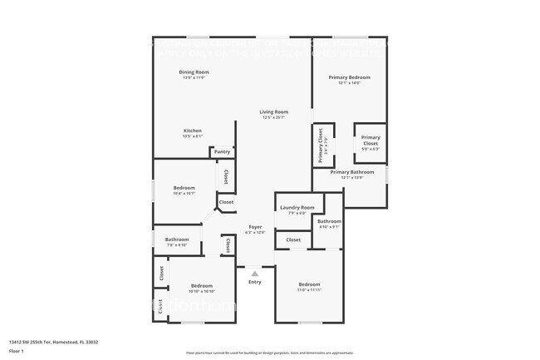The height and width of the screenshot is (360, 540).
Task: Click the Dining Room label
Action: pyautogui.click(x=194, y=72)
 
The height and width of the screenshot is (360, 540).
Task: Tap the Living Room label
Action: pyautogui.click(x=273, y=112)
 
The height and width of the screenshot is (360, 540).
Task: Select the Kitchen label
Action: pyautogui.click(x=192, y=131)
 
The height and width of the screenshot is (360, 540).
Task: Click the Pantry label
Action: pyautogui.click(x=222, y=152)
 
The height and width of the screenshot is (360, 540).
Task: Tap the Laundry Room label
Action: pyautogui.click(x=297, y=207)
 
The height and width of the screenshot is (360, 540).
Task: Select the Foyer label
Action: pyautogui.click(x=255, y=227)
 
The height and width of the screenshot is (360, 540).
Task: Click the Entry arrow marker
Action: pyautogui.click(x=255, y=273)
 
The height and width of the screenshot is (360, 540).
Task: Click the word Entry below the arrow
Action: pyautogui.click(x=255, y=282)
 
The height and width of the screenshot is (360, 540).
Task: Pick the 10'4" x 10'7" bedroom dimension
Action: pyautogui.click(x=184, y=194)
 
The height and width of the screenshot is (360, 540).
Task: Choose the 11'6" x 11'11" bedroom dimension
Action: pyautogui.click(x=309, y=290)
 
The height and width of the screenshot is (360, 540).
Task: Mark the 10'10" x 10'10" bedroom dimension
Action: pyautogui.click(x=202, y=291)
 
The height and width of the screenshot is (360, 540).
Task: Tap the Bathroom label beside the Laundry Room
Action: pyautogui.click(x=329, y=222)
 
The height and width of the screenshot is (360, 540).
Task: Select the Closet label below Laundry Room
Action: pyautogui.click(x=293, y=239)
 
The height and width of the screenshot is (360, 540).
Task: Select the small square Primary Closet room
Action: pyautogui.click(x=371, y=142)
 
